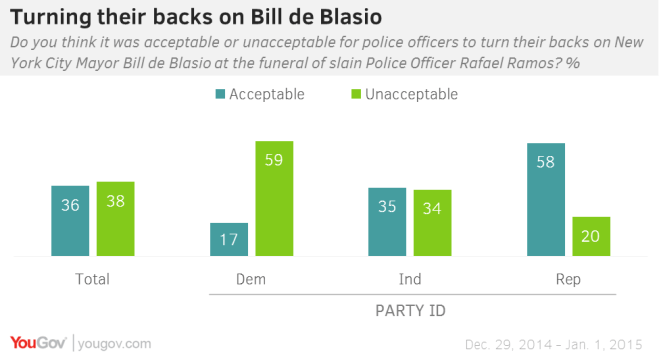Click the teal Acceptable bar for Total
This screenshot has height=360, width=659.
(x=70, y=221)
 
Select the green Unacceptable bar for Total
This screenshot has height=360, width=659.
(x=115, y=219)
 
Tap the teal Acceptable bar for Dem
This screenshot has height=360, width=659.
(x=228, y=239)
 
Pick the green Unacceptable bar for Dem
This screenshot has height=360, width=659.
(x=273, y=199)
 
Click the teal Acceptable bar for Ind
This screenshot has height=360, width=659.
(x=387, y=222)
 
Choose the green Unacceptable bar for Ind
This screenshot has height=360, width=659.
(x=432, y=223)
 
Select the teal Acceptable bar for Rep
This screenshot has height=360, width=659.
(x=545, y=200)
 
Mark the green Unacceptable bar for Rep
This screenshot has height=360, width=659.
(x=590, y=236)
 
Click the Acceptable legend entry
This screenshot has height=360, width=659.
(x=258, y=94)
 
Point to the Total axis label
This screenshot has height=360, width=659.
(x=92, y=279)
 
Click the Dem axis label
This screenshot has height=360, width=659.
(x=251, y=279)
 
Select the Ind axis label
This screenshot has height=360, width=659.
(x=409, y=279)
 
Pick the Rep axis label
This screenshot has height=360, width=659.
(x=568, y=279)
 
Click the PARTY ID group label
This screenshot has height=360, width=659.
(x=409, y=311)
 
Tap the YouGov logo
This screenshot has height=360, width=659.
(x=38, y=343)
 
